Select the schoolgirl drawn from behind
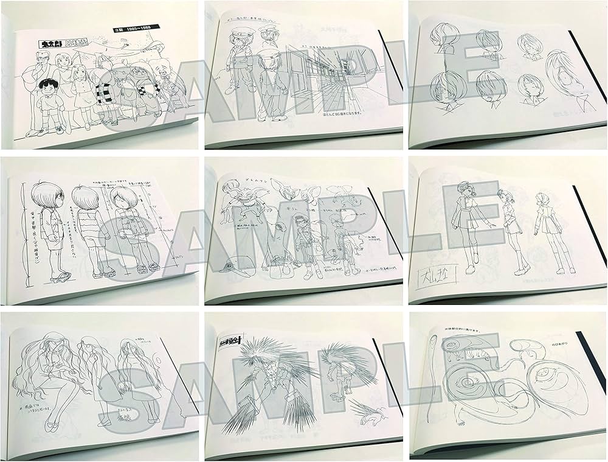tap(541, 231)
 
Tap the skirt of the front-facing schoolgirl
tap(466, 240)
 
